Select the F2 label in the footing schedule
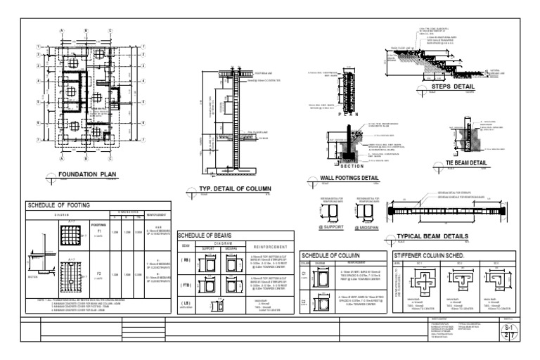(99, 272)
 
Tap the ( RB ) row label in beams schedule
(186, 259)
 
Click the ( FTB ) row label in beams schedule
(186, 285)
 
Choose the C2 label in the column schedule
(304, 302)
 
